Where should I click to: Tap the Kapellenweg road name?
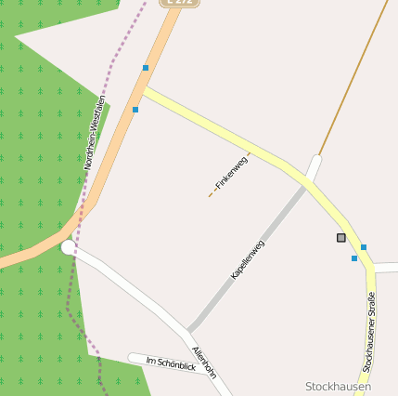(x=248, y=260)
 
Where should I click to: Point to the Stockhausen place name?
(x=338, y=387)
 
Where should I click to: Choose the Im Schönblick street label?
(x=171, y=363)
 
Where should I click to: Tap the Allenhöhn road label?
(x=204, y=363)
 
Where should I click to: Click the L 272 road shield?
(x=180, y=3)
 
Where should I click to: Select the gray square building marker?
(x=341, y=238)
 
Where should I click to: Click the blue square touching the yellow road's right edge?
(x=364, y=247)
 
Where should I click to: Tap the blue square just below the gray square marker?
(x=354, y=258)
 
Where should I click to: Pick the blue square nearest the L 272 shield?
(x=146, y=68)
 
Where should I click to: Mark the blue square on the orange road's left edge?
(x=135, y=110)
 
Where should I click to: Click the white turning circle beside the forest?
(x=69, y=247)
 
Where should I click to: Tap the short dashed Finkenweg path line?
(x=212, y=194)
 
